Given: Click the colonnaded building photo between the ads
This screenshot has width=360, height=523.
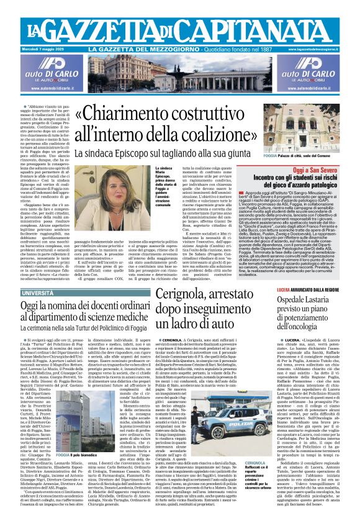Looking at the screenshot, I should (x=180, y=72).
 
